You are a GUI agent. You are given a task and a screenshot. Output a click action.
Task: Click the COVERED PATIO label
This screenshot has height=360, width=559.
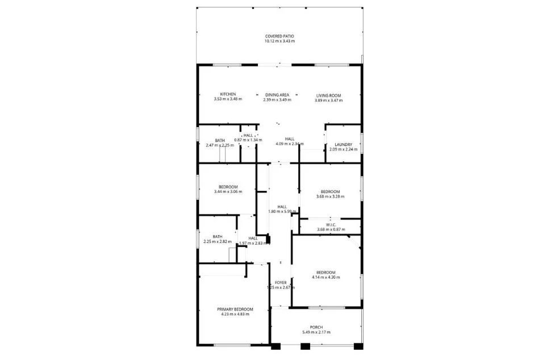[x=279, y=36]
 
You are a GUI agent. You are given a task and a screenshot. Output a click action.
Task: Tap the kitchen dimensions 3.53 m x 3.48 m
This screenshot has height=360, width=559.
[x=228, y=99]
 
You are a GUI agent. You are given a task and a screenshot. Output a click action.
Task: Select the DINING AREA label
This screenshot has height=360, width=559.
[x=277, y=94]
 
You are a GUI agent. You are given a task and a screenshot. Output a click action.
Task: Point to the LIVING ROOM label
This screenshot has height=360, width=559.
[x=328, y=94]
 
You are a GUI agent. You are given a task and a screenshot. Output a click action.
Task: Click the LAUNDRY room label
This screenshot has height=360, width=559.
[x=344, y=144]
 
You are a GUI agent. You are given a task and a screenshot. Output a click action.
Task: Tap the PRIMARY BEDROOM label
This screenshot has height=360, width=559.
[x=235, y=309]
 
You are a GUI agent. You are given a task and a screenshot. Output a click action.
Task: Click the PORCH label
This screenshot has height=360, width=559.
[x=316, y=327]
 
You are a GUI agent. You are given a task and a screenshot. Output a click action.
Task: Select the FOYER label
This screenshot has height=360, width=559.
[x=281, y=282]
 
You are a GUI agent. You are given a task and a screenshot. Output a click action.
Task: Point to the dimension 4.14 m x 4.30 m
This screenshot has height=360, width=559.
[x=326, y=278]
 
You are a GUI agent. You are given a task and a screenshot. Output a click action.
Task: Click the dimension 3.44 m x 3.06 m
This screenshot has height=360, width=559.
[x=228, y=192]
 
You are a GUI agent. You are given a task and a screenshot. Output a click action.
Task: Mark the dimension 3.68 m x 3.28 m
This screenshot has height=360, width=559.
[x=330, y=197]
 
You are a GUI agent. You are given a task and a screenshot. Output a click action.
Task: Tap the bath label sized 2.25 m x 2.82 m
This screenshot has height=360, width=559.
[x=217, y=237]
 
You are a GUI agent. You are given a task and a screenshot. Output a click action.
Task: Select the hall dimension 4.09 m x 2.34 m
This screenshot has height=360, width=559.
[x=289, y=144]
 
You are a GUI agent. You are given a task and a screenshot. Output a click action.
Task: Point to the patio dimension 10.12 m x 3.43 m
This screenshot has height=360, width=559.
[x=279, y=41]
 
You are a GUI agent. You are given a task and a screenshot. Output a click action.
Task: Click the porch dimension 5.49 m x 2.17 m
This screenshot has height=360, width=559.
[x=316, y=332]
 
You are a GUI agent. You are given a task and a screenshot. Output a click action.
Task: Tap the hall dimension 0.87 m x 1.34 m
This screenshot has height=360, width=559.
[x=248, y=140]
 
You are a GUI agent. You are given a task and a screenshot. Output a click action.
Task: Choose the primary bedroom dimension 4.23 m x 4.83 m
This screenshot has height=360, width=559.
[x=235, y=314]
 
